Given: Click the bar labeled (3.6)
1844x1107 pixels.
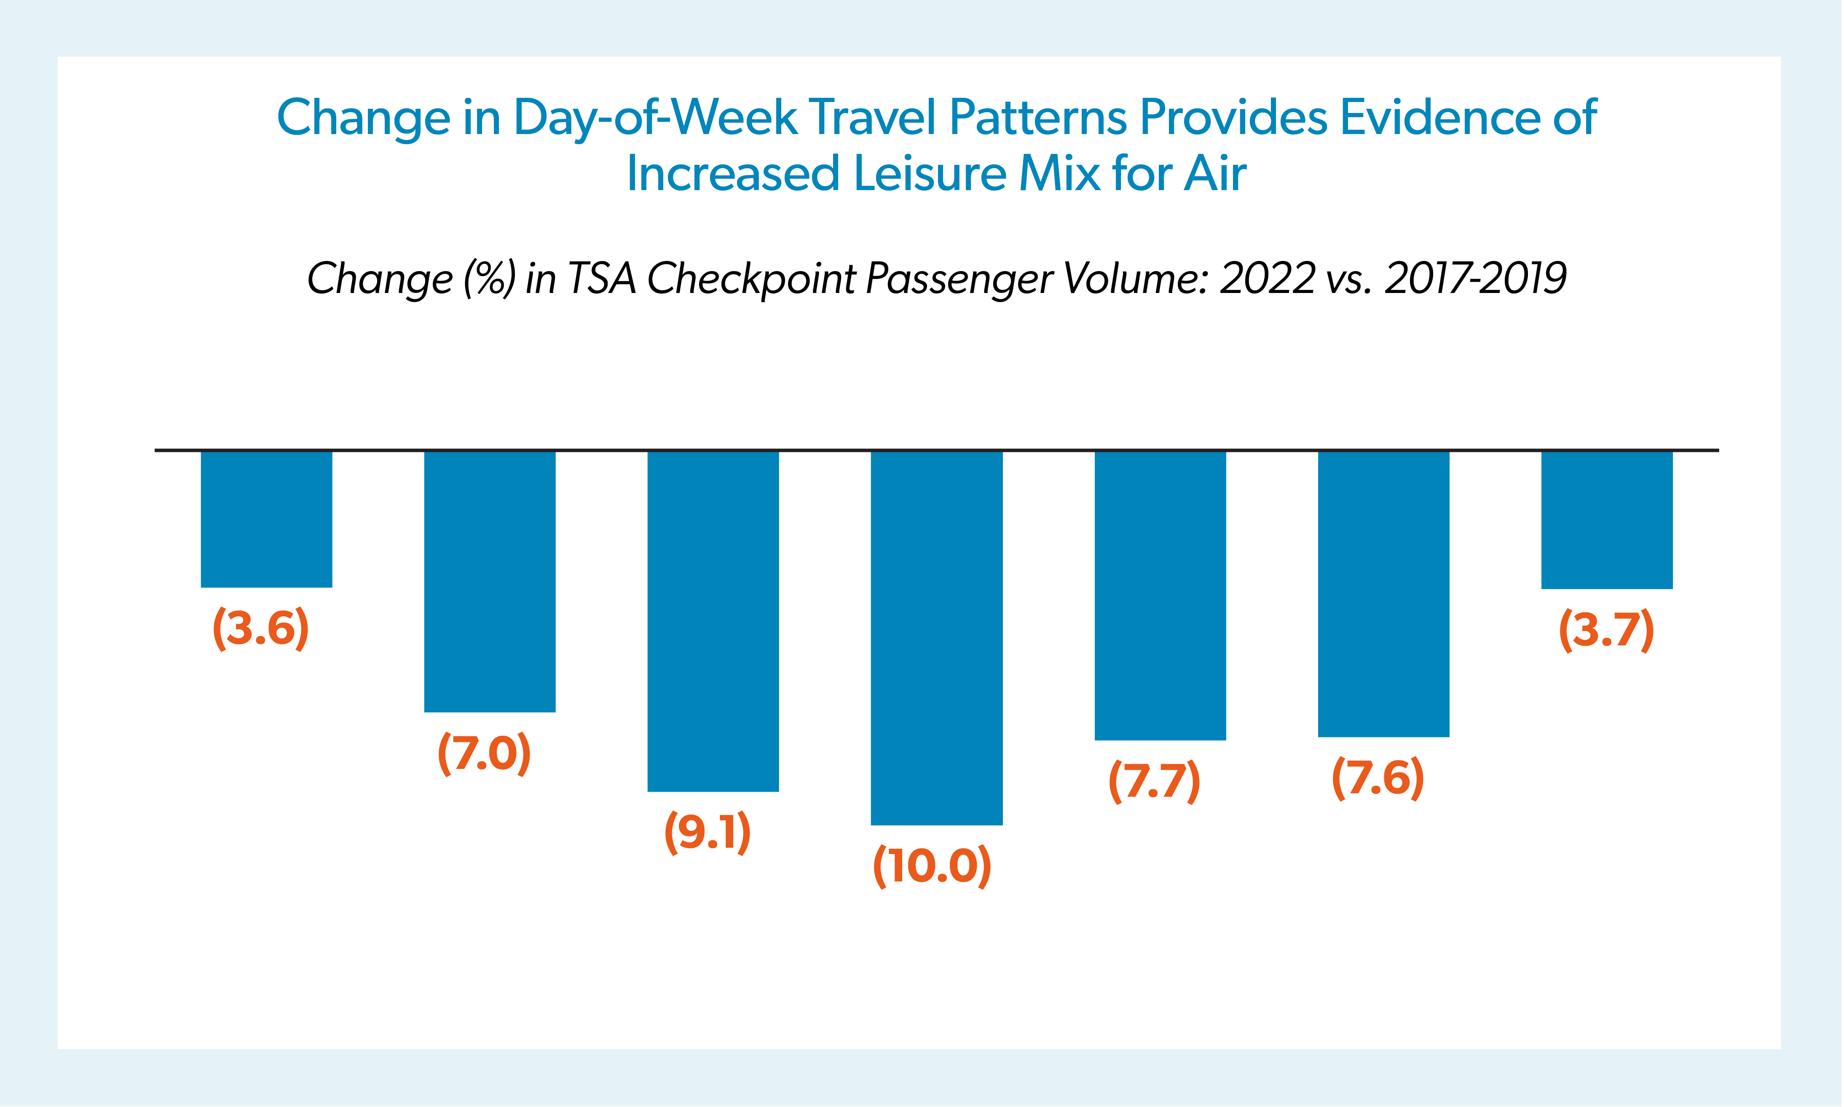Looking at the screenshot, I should click(x=266, y=519).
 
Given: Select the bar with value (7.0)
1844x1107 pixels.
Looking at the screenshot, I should click(x=490, y=582).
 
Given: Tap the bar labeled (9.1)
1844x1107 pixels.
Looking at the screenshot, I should click(x=713, y=621).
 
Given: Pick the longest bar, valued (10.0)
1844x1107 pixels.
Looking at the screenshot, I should click(x=937, y=638).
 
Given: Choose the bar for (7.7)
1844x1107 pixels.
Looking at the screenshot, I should click(x=1160, y=595).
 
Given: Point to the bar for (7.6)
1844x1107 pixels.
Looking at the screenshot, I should click(x=1383, y=594).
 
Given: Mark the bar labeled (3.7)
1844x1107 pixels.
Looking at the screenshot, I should click(x=1607, y=520).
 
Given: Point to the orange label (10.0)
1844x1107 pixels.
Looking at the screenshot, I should click(x=932, y=865).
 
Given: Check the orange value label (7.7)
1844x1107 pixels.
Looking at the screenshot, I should click(x=1154, y=781).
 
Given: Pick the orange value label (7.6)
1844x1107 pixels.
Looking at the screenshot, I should click(x=1378, y=778).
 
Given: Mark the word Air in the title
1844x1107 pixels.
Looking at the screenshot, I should click(x=1215, y=174).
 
